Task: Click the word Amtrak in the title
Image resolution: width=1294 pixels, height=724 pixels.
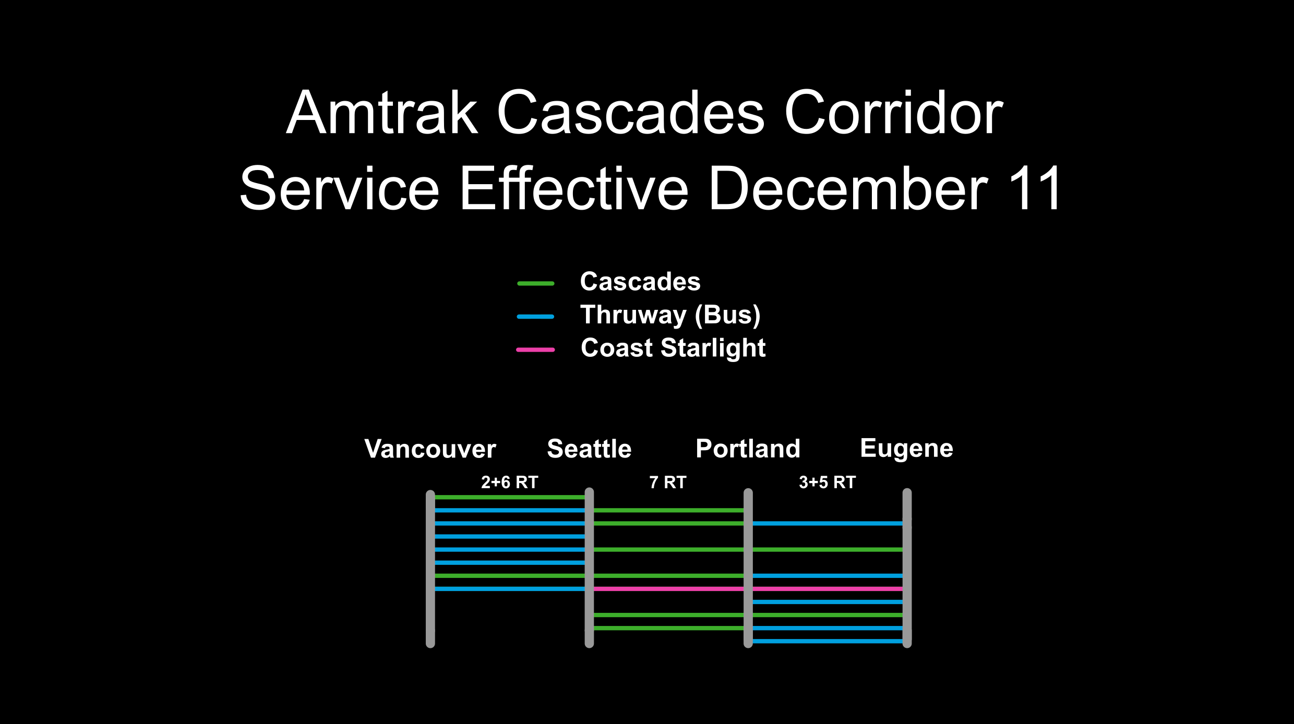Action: pyautogui.click(x=382, y=112)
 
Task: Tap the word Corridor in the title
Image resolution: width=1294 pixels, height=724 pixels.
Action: pyautogui.click(x=893, y=112)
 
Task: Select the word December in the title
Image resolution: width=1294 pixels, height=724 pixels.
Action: pyautogui.click(x=848, y=188)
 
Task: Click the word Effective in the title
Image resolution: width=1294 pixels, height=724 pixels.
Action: pyautogui.click(x=574, y=188)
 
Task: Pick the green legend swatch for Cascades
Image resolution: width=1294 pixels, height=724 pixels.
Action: pyautogui.click(x=535, y=284)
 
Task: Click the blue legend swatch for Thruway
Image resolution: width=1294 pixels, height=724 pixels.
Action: pyautogui.click(x=535, y=317)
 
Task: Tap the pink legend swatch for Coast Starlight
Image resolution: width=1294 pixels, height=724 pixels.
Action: pyautogui.click(x=535, y=349)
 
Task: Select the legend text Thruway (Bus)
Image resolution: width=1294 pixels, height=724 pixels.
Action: pyautogui.click(x=670, y=316)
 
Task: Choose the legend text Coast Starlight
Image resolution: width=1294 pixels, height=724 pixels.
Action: pyautogui.click(x=673, y=348)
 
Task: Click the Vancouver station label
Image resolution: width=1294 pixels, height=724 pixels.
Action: pyautogui.click(x=430, y=449)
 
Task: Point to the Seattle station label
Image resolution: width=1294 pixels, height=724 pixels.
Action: pyautogui.click(x=589, y=449)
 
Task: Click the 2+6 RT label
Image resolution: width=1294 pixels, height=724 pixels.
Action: pyautogui.click(x=509, y=482)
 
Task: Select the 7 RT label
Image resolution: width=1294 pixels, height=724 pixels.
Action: pyautogui.click(x=668, y=482)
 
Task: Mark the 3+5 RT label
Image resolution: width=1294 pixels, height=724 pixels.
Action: pyautogui.click(x=828, y=482)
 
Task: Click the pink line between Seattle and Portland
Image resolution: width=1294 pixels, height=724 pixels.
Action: pyautogui.click(x=668, y=589)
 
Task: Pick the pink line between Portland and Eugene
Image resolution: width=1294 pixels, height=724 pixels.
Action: pyautogui.click(x=828, y=589)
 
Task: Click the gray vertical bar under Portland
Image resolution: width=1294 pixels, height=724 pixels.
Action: pyautogui.click(x=748, y=568)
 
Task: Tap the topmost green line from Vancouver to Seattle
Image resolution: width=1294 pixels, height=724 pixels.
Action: pyautogui.click(x=510, y=497)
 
